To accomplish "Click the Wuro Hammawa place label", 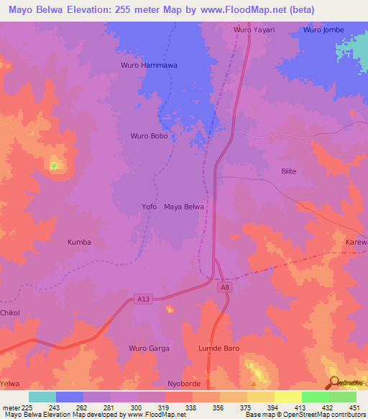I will (148, 66).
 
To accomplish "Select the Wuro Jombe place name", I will (323, 30).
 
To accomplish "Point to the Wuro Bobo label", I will (149, 135).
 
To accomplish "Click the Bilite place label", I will (288, 171).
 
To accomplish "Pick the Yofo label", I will (149, 207).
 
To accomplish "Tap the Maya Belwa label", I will (184, 207).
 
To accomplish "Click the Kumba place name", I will (79, 242).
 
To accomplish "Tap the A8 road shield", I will (225, 286).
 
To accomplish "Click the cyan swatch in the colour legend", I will (42, 397).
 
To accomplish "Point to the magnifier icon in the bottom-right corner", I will (335, 382).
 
